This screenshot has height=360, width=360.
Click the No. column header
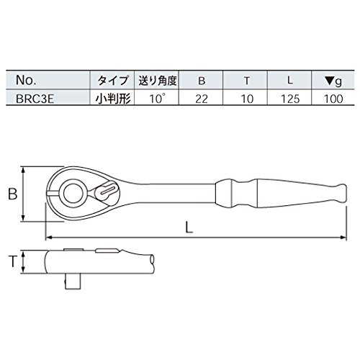pos(26,80)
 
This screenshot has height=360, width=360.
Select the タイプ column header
pos(112,81)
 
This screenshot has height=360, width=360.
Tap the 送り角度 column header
pos(158,81)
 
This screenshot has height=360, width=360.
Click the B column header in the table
pos(202,81)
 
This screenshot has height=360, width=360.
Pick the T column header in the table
pos(246,81)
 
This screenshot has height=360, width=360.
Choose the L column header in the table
pos(290,81)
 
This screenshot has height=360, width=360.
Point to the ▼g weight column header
pos(333,81)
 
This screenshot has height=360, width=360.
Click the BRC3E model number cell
pos(35,99)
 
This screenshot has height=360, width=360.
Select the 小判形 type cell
pos(113,99)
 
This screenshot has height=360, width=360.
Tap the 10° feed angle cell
pos(158,99)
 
